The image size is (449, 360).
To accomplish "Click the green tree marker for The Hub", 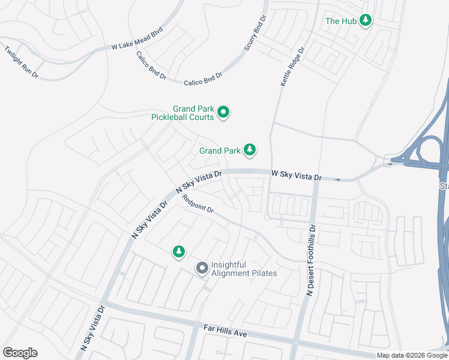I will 365,21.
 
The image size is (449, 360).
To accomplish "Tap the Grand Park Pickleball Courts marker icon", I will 223,112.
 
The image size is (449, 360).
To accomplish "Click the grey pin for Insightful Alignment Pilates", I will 202,268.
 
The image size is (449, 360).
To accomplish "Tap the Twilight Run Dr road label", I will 21,62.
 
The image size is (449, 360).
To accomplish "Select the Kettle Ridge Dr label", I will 293,65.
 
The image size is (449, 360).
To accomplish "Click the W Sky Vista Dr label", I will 297,175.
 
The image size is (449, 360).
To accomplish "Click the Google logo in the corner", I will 20,353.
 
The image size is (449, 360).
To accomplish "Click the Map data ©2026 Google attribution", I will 411,355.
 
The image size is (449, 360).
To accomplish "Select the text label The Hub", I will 341,21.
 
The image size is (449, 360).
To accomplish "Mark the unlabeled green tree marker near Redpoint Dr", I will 178,252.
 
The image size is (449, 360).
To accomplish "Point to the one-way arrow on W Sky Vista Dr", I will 338,179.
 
